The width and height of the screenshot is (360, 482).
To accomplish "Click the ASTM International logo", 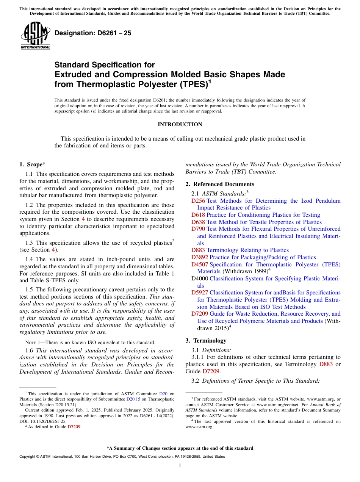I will tap(35, 36).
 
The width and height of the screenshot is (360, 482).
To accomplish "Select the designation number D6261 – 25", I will tap(93, 33).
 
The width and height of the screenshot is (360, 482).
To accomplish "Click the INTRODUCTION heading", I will tap(180, 124).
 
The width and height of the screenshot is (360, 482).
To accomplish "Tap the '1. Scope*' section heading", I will tap(32, 164).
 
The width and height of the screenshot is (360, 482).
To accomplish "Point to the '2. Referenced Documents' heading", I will tap(219, 184).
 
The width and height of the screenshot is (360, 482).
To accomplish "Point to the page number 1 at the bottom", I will tap(180, 465).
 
